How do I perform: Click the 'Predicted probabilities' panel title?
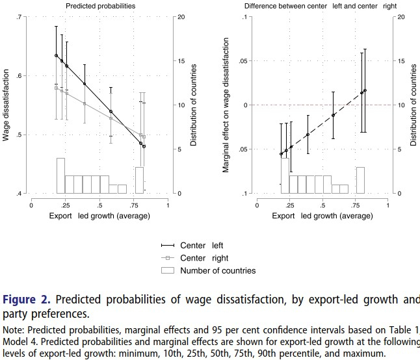99,6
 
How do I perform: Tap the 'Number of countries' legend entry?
218,270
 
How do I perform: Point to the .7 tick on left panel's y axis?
21,16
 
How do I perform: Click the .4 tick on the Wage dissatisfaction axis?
21,194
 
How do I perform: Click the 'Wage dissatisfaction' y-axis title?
7,105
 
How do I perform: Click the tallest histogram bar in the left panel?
60,175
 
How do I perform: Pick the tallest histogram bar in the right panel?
285,175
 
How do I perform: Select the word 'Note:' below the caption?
14,329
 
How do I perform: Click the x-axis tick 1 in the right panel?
387,204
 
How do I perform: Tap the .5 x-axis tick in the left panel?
99,204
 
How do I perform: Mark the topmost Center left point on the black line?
57,56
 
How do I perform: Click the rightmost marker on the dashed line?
365,90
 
